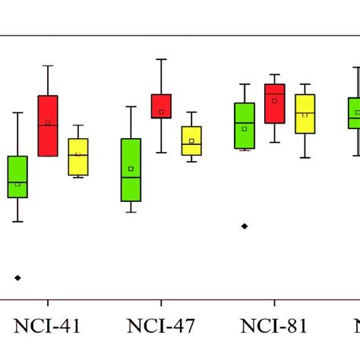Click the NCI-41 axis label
point(47,327)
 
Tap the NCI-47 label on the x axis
point(160,327)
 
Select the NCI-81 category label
point(274,327)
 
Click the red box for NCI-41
point(48,126)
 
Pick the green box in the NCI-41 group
point(17,177)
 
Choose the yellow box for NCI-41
point(78,156)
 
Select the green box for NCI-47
point(131,170)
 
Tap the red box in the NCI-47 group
point(161,106)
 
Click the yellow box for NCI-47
point(191,141)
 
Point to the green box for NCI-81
point(244,125)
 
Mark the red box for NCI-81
point(274,103)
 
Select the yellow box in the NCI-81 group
point(305,114)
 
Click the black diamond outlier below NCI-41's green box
point(17,278)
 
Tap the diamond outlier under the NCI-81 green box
point(244,226)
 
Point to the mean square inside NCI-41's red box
point(48,122)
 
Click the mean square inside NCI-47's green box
point(131,169)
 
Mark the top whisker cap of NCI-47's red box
point(161,59)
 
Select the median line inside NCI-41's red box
point(48,125)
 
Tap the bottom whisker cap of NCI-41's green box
point(17,222)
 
